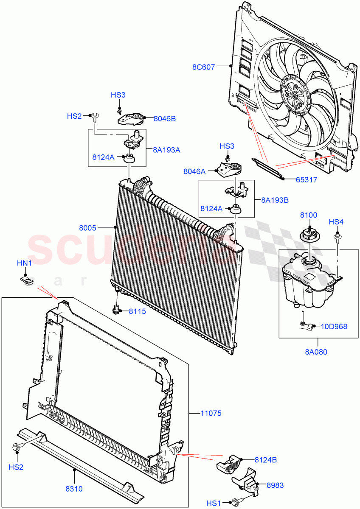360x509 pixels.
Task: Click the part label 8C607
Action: pos(203,66)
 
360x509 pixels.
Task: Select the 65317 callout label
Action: pos(306,179)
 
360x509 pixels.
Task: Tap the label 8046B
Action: pos(164,119)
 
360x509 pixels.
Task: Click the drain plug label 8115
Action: pos(137,311)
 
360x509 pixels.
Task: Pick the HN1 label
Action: pos(24,263)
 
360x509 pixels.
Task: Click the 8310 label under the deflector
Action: pos(74,489)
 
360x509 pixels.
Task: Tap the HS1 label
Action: pos(214,503)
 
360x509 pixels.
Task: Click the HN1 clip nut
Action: pos(25,280)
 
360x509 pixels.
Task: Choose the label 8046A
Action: pos(194,171)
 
